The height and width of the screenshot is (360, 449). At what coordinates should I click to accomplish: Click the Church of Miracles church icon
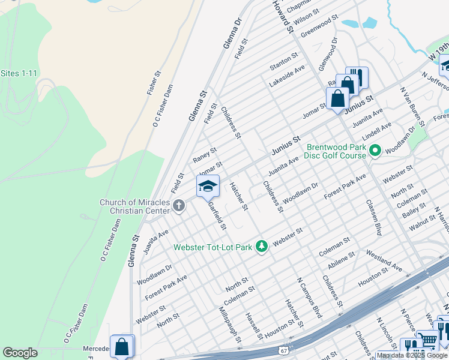(x=178, y=206)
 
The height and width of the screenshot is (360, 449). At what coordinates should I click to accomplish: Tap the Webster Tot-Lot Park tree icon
(x=261, y=246)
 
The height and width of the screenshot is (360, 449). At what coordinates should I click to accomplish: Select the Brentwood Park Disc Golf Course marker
(x=376, y=150)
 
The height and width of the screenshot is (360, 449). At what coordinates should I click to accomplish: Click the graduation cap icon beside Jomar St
(x=208, y=186)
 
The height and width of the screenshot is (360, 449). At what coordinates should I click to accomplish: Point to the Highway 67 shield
(x=283, y=349)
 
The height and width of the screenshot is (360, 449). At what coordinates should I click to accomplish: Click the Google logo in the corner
(x=20, y=353)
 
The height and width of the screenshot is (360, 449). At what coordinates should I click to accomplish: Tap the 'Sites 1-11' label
(x=19, y=73)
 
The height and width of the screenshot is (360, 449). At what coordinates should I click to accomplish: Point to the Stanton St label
(x=283, y=59)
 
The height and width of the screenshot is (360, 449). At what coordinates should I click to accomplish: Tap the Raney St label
(x=205, y=155)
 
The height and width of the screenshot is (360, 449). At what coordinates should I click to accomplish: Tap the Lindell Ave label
(x=377, y=128)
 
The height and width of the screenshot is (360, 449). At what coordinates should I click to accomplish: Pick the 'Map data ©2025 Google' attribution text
(x=412, y=355)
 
